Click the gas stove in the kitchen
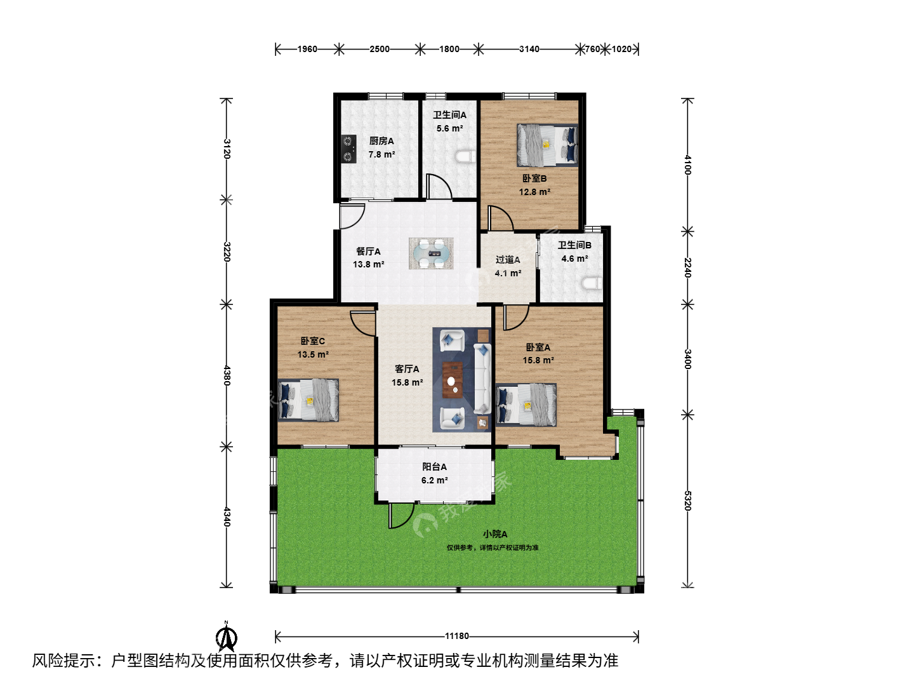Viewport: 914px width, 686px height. (x=348, y=149)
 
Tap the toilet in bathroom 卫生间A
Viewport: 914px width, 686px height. (x=465, y=156)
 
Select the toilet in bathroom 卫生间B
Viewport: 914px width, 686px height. (x=592, y=284)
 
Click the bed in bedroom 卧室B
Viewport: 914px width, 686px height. (x=548, y=145)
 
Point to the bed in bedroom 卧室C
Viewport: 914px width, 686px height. (x=308, y=400)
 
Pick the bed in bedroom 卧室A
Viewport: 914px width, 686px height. (x=526, y=405)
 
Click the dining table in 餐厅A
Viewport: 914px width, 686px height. (x=431, y=253)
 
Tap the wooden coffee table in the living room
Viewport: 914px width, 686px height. (x=452, y=380)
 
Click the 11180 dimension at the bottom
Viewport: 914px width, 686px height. (x=457, y=636)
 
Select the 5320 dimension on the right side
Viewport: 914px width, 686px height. (x=687, y=501)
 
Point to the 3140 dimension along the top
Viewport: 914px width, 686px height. (x=529, y=49)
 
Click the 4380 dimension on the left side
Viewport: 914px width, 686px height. (x=227, y=375)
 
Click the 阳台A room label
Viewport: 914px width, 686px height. (x=434, y=467)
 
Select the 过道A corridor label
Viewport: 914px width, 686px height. (x=508, y=260)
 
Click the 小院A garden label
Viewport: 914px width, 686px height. (x=495, y=534)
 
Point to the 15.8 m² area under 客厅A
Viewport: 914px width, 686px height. (x=407, y=382)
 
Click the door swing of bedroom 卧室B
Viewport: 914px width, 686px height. (x=501, y=218)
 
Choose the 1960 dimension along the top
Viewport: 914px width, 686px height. (x=307, y=49)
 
